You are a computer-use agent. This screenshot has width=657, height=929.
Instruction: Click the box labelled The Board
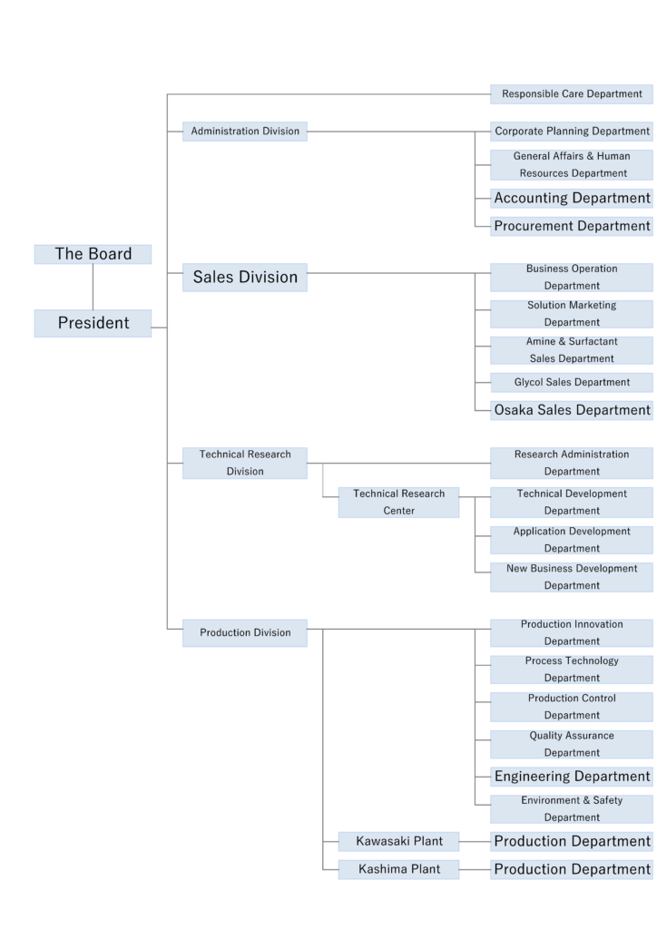click(93, 254)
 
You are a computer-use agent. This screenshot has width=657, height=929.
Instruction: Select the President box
click(93, 323)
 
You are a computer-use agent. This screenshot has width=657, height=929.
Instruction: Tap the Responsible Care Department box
click(572, 93)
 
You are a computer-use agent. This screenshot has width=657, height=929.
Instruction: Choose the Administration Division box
click(245, 132)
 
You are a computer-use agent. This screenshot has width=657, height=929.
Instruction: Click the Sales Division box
click(245, 278)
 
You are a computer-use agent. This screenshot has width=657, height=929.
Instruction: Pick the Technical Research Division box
click(245, 463)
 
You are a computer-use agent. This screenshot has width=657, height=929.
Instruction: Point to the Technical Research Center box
click(398, 502)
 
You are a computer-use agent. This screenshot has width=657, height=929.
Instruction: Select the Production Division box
click(245, 632)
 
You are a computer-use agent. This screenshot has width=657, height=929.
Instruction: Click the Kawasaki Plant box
click(398, 841)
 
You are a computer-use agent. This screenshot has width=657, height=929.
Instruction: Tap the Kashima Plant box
click(398, 869)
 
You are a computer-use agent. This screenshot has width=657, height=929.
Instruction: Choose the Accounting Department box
click(572, 198)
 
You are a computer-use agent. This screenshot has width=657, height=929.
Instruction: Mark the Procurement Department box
click(572, 226)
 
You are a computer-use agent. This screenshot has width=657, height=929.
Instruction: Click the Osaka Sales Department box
click(572, 410)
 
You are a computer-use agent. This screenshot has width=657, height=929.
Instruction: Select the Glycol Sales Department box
click(572, 382)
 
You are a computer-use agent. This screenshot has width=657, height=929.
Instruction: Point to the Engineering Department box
click(572, 777)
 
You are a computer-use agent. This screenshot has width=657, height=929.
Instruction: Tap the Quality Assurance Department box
click(572, 744)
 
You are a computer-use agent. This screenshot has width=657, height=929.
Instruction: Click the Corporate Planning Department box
click(572, 132)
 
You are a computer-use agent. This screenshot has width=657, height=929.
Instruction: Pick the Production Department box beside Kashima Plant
click(572, 869)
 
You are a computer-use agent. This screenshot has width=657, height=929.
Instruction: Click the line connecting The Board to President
click(93, 287)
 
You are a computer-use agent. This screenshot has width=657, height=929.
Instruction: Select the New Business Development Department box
click(572, 577)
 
